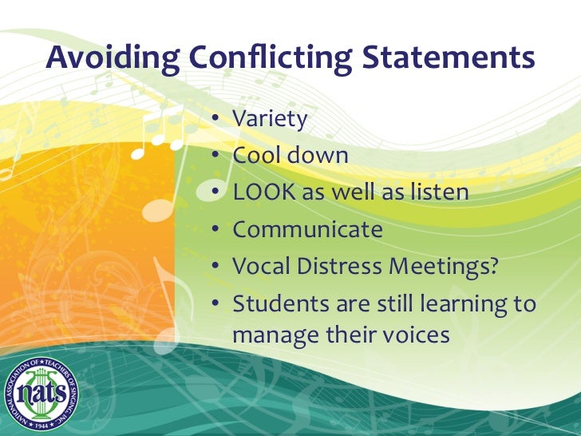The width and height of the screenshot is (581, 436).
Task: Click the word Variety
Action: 270,119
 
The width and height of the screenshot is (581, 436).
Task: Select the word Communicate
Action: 307,230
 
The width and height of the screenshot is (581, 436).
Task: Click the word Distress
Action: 340,267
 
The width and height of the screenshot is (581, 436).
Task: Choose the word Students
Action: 275,303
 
